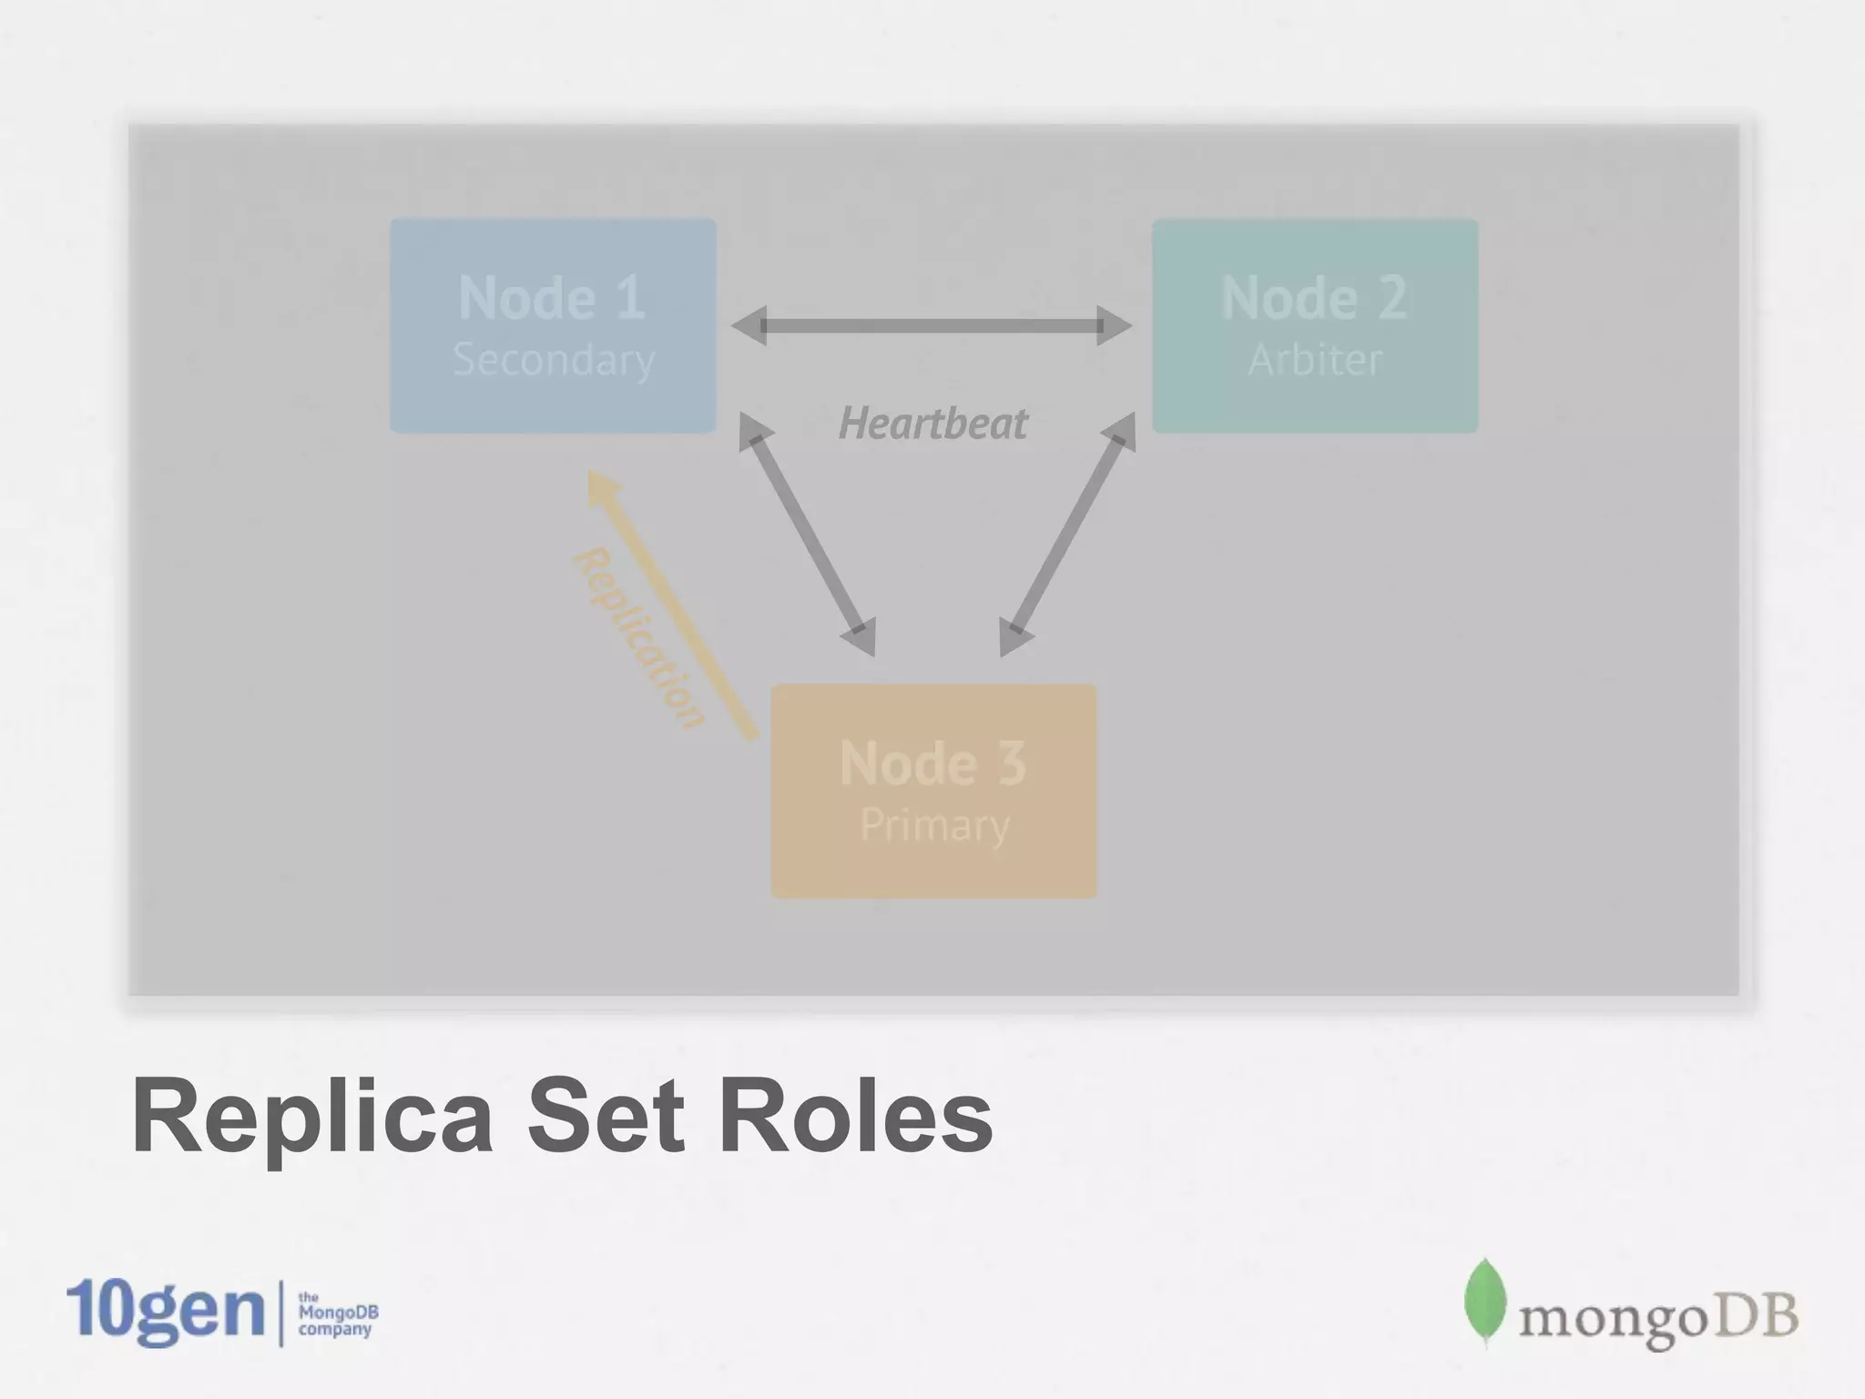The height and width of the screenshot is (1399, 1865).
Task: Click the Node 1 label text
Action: point(552,298)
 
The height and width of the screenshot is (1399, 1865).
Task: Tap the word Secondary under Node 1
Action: point(554,359)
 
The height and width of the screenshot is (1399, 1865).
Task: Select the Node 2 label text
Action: point(1314,298)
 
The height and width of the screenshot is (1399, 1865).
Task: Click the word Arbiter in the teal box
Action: point(1315,359)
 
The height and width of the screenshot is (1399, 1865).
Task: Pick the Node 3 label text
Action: point(933,762)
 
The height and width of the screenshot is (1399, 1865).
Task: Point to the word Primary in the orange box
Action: point(934,825)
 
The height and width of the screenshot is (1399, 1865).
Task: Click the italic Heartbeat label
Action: point(932,424)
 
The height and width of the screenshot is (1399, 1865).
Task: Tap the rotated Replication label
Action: point(639,638)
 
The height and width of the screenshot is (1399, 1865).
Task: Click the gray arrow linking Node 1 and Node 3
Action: point(807,534)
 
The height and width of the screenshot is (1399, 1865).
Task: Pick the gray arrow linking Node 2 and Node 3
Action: point(1067,534)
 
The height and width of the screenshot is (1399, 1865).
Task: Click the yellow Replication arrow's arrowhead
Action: point(602,489)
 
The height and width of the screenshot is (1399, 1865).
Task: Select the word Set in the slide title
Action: point(606,1117)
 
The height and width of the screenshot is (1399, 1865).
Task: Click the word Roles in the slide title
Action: point(855,1117)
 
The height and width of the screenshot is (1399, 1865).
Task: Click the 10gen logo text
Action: point(165,1312)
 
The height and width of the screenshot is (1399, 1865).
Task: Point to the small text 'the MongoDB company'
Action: point(337,1313)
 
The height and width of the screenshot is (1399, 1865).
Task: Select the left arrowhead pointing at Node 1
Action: point(749,326)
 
